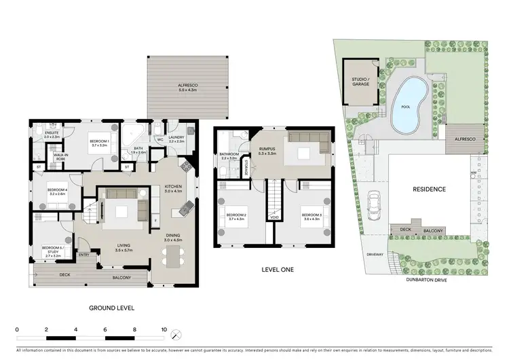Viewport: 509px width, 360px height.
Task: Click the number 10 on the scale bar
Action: (164, 329)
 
